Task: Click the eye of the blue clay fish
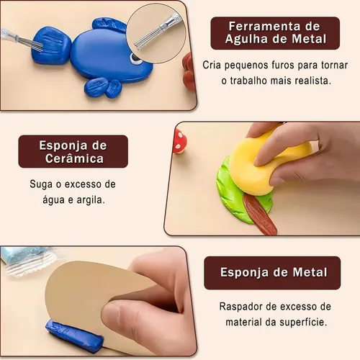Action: tap(134, 59)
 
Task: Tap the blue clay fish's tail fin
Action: tap(52, 45)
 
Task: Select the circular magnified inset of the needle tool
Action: tap(156, 33)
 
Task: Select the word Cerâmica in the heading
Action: tap(74, 158)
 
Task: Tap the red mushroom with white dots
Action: tap(179, 140)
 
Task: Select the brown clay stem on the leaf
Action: tap(260, 215)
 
